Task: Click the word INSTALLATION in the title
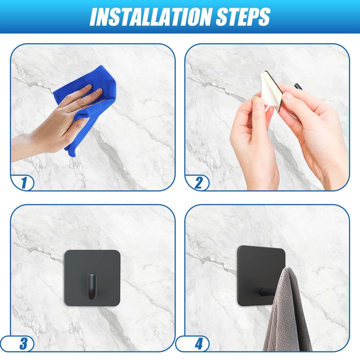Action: pos(150,17)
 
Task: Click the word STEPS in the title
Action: pos(243,17)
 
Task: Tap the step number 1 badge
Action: pos(23,183)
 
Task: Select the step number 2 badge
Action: pos(198,183)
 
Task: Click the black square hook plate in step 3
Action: pos(92,278)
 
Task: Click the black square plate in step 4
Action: pos(257,275)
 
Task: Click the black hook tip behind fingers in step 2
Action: pos(298,87)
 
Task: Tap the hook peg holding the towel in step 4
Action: pos(267,292)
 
